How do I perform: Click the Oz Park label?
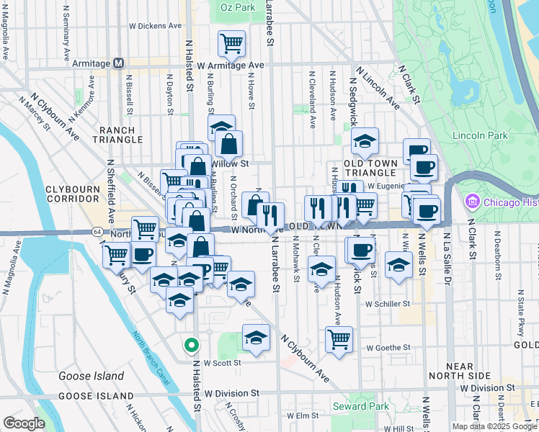tap(238, 7)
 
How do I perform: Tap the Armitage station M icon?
tap(120, 63)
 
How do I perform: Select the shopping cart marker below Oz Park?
tap(231, 43)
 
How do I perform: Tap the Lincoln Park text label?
tap(480, 135)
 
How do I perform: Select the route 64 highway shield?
tap(97, 232)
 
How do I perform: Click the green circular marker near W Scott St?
tap(191, 346)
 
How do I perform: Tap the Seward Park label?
tap(360, 407)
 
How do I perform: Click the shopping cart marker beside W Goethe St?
tap(339, 338)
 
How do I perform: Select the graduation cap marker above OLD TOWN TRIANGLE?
tap(365, 142)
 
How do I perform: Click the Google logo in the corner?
tap(24, 423)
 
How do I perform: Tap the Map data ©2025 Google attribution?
tap(494, 426)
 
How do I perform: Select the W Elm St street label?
tap(303, 415)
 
